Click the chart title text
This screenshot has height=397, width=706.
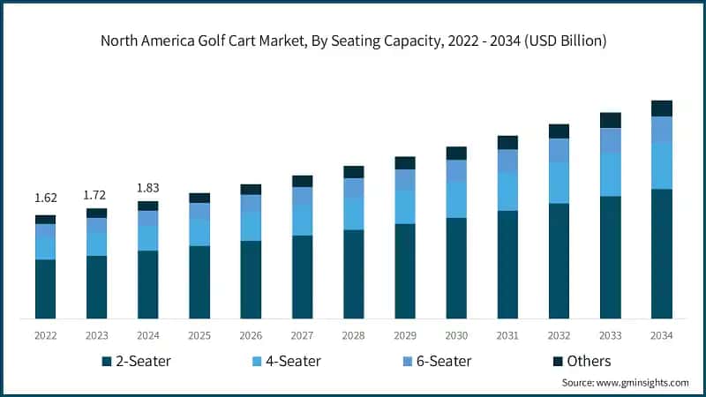coord(353,41)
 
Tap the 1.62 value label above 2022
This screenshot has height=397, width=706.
coord(45,198)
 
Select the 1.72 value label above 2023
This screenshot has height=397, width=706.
coord(96,193)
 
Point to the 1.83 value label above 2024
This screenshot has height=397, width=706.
coord(147,187)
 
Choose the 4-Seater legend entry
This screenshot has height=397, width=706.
coord(286,361)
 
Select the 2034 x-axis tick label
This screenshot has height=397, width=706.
coord(662,335)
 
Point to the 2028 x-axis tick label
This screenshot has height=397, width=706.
coord(353,335)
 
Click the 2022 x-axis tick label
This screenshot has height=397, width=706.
coord(45,335)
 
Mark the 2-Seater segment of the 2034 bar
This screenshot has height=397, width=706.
coord(662,253)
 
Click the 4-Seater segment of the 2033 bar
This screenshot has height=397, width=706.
coord(611,175)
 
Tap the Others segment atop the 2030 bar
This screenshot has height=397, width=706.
coord(456,154)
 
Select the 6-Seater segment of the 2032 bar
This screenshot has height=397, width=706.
coord(560,151)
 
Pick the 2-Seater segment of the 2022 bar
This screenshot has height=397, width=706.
coord(45,288)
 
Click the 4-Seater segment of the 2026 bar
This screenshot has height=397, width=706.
coord(251,226)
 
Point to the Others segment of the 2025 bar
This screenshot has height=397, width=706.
coord(199,198)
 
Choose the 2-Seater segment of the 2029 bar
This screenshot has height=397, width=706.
coord(405,271)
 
